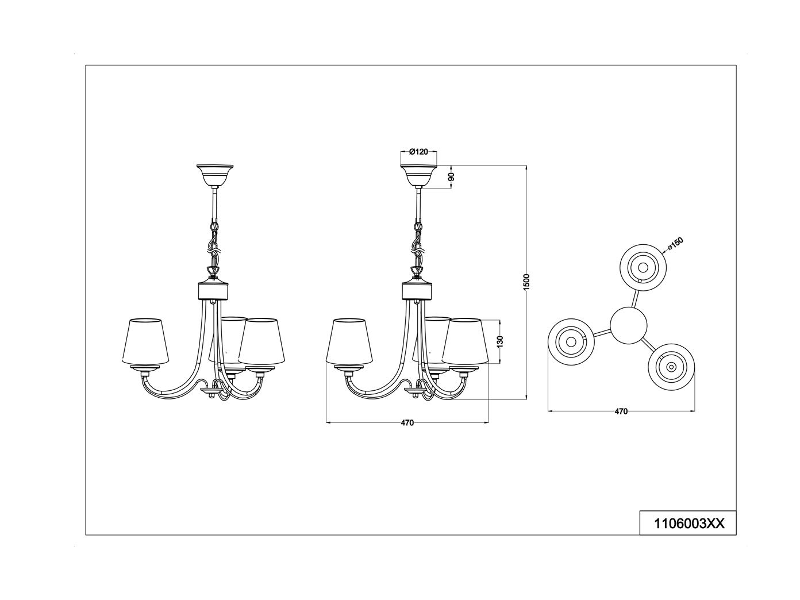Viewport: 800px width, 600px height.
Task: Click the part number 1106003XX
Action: click(x=688, y=524)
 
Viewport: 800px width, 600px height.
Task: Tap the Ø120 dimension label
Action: click(x=418, y=152)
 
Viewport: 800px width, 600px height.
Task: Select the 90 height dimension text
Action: click(x=451, y=178)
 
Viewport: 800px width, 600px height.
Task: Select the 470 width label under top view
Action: click(x=621, y=411)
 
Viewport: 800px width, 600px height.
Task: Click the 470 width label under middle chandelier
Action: click(x=407, y=423)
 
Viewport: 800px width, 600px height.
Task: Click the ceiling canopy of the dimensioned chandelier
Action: click(x=418, y=174)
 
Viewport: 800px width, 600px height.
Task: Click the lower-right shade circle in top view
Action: click(x=671, y=366)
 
